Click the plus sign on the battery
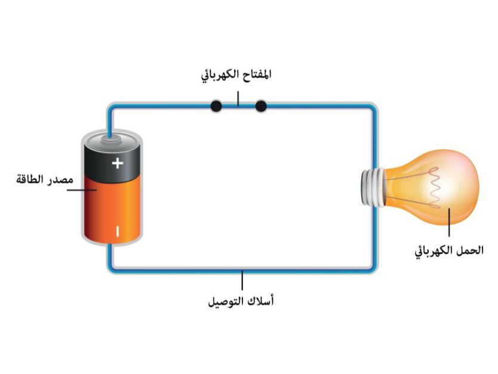click(x=118, y=162)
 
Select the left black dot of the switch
click(x=216, y=107)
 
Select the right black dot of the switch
click(x=260, y=107)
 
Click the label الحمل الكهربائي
click(x=449, y=251)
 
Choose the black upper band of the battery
click(x=112, y=159)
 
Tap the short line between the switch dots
click(x=238, y=107)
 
